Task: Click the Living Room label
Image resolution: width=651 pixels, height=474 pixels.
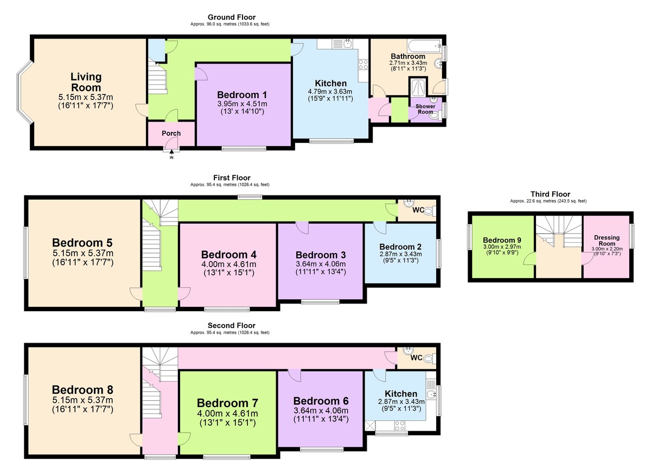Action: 86,82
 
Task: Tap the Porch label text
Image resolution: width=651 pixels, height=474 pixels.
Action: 171,133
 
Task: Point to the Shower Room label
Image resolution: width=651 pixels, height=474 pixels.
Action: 426,109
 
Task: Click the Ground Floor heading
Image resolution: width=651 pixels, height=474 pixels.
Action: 232,17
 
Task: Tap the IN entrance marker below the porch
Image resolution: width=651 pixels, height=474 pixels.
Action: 172,157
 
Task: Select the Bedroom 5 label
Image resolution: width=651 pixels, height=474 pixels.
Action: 82,242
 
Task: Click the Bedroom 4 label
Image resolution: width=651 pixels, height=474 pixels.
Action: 228,254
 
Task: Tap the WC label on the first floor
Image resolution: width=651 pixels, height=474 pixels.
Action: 417,210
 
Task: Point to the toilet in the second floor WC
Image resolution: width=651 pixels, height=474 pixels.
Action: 429,358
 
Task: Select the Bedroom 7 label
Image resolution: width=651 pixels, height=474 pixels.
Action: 227,403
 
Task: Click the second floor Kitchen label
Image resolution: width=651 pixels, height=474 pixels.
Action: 401,394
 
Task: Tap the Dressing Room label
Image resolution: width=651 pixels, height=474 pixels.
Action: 607,241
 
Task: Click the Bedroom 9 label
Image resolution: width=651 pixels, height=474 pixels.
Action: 502,241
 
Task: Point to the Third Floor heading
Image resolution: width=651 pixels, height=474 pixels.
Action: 550,194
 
